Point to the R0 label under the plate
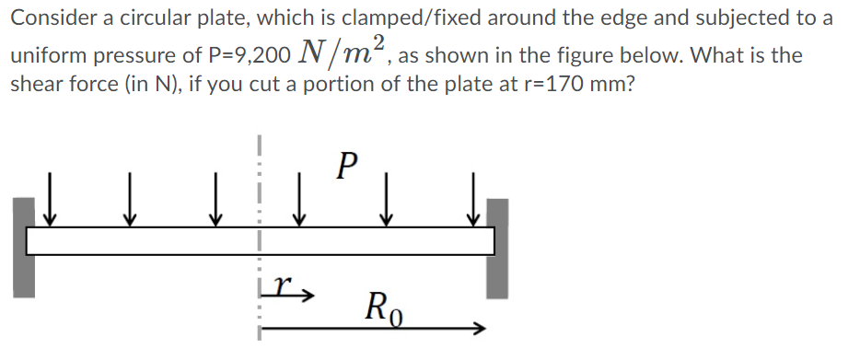[386, 305]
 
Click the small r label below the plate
[286, 289]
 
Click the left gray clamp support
[25, 247]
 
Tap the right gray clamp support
[498, 247]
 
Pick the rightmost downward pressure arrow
[473, 201]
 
